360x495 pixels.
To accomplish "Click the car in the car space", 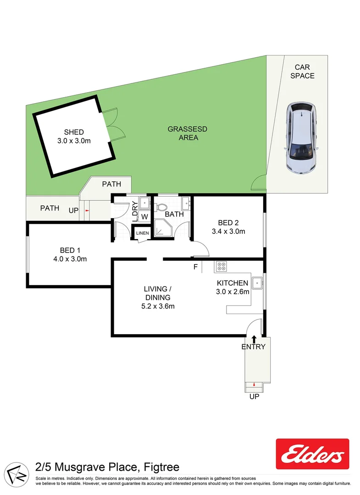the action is click(x=301, y=137).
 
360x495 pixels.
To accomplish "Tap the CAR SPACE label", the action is click(x=302, y=71).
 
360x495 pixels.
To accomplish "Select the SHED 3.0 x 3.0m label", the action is click(x=74, y=137).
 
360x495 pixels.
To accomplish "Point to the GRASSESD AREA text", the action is click(x=188, y=133).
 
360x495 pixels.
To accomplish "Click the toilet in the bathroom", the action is click(x=161, y=207).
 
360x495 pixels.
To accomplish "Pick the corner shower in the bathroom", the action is click(x=163, y=228).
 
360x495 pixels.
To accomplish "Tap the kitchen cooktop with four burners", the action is click(x=221, y=266).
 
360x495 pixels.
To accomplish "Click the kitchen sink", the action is click(x=257, y=282).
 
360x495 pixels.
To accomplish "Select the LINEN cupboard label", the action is click(x=143, y=233).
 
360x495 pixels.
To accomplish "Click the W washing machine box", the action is click(x=144, y=216).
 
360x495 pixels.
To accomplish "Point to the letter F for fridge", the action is click(x=195, y=267).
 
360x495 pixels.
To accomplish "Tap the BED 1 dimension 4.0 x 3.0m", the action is click(x=70, y=259).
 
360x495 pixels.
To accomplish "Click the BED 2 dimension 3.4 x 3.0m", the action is click(x=228, y=231).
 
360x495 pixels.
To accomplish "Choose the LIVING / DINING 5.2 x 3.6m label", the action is click(x=158, y=297).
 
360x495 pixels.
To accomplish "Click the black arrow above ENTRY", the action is click(x=254, y=339).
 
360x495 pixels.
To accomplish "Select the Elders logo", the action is click(x=312, y=454).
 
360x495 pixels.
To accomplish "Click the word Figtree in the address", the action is click(x=161, y=467).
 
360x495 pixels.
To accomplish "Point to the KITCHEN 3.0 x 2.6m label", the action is click(x=233, y=287).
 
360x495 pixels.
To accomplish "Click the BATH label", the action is click(x=174, y=214).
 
